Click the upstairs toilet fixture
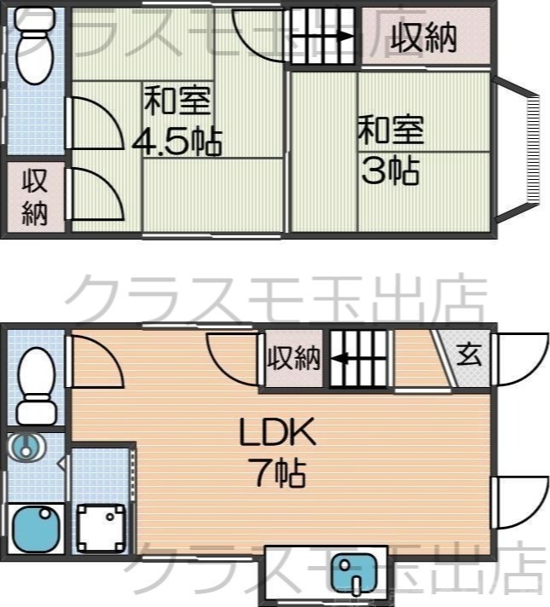pos(35,51)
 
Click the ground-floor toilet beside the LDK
pos(36,375)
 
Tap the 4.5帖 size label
pos(177,141)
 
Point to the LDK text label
pos(277,434)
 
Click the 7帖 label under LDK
pos(278,471)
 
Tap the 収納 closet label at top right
pos(425,37)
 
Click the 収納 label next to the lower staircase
pos(294,358)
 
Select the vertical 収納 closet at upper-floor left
pos(34,198)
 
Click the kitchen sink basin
pos(352,573)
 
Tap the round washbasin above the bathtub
pos(28,447)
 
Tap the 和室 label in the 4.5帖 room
pos(177,101)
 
